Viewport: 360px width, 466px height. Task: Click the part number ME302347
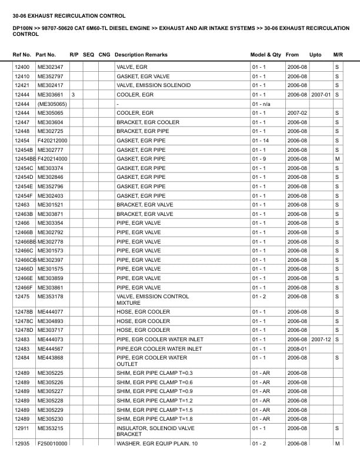[x=50, y=67]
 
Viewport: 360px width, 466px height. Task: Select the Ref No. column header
[x=22, y=55]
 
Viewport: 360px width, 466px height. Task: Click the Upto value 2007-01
[x=321, y=95]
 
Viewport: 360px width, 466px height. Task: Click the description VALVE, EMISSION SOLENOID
[x=153, y=85]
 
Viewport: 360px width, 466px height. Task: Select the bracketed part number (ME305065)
[x=52, y=104]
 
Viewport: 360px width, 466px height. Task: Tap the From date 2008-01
[x=296, y=348]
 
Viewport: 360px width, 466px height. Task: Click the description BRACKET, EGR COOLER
[x=148, y=122]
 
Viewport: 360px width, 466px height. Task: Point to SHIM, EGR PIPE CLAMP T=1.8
[x=155, y=419]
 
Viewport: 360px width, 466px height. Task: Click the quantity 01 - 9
[x=259, y=159]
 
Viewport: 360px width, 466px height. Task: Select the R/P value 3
[x=73, y=95]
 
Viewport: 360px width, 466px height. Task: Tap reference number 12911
[x=22, y=428]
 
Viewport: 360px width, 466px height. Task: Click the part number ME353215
[x=50, y=428]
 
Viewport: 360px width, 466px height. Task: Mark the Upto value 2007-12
[x=321, y=339]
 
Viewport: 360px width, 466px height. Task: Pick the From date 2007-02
[x=296, y=113]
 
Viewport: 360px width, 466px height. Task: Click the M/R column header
[x=338, y=55]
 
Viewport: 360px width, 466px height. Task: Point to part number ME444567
[x=50, y=348]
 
